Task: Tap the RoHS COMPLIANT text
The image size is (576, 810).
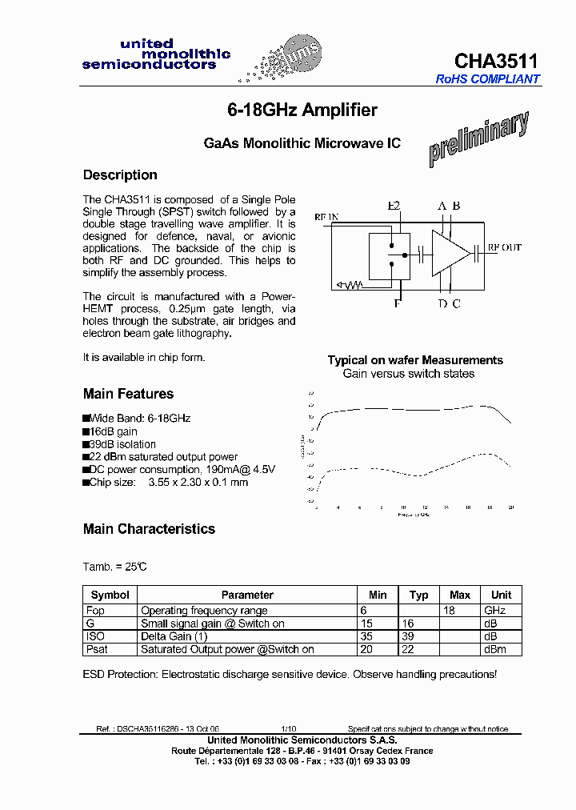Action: tap(487, 79)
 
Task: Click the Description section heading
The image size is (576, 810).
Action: tap(120, 175)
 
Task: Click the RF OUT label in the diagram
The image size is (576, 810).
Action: tap(504, 248)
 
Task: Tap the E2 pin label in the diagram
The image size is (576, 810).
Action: tap(394, 207)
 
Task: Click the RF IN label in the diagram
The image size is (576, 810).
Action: tap(326, 217)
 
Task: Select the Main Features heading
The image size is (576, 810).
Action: tap(128, 394)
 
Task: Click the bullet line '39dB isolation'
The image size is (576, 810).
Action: tap(122, 444)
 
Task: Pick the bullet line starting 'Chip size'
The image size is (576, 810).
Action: tap(168, 483)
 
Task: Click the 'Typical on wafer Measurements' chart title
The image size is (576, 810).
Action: tap(415, 360)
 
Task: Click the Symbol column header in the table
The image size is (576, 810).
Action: tap(110, 595)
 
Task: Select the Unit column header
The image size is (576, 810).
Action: tap(501, 595)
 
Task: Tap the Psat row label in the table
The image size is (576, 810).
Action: tap(97, 649)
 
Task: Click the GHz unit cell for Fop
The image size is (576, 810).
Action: tap(495, 610)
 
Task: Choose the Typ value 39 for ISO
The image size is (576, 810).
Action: tap(418, 636)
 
